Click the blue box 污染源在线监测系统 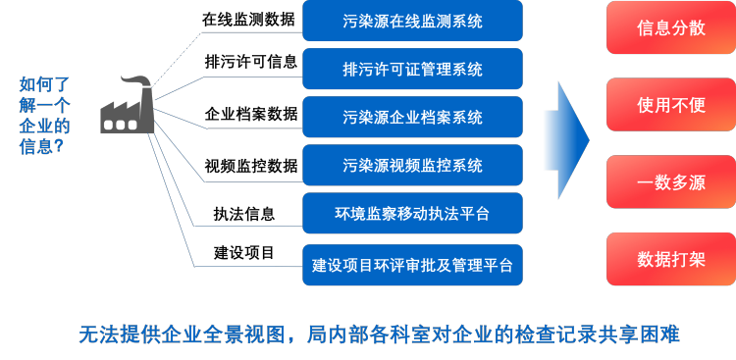tap(412, 21)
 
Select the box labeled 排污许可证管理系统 tap(412, 69)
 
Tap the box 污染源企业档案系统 tap(412, 117)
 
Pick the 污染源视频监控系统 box tap(412, 165)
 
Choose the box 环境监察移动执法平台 tap(412, 213)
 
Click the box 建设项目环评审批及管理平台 tap(412, 264)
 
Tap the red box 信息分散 tap(670, 27)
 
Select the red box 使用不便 tap(670, 105)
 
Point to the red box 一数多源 tap(670, 181)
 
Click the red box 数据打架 tap(670, 259)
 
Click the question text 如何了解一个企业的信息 tap(44, 116)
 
